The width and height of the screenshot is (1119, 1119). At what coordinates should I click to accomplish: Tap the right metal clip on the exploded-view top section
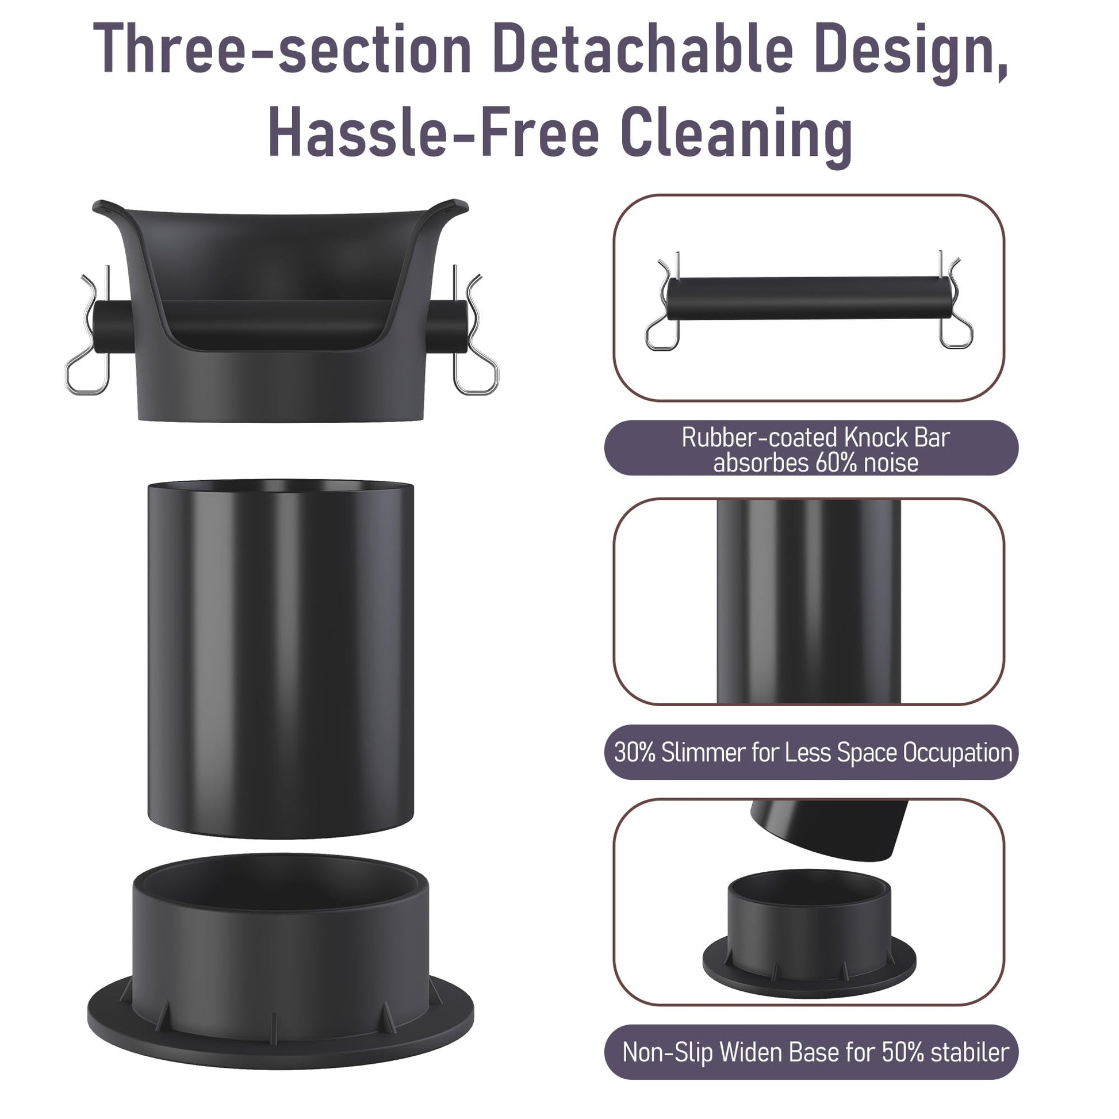coord(475,330)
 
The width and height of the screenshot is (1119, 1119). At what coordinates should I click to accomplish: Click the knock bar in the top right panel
coord(808,299)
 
